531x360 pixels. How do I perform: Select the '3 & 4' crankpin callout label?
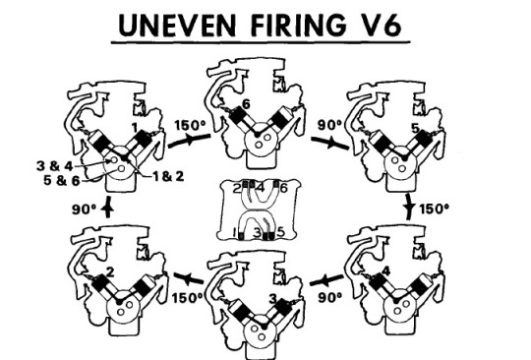click(54, 166)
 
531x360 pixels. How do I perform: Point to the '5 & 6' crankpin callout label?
click(62, 180)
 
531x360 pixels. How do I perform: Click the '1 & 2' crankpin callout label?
click(168, 176)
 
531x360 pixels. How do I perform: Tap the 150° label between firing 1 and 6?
click(191, 125)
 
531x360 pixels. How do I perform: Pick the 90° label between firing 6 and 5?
click(329, 125)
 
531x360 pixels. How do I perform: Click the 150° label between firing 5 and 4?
click(435, 209)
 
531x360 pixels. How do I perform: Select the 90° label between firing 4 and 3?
click(330, 297)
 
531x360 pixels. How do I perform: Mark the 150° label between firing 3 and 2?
click(188, 298)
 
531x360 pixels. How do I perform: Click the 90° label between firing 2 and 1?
click(85, 209)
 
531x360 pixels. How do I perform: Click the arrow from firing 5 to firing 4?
click(410, 207)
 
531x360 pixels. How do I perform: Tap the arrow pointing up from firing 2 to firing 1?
click(108, 207)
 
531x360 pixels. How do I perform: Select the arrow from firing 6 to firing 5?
click(329, 144)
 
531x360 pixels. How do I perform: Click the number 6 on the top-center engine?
click(246, 104)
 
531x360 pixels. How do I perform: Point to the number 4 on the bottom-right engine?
click(385, 271)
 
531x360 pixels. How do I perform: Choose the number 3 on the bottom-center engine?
click(273, 299)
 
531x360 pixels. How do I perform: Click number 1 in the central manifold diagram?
click(234, 233)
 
